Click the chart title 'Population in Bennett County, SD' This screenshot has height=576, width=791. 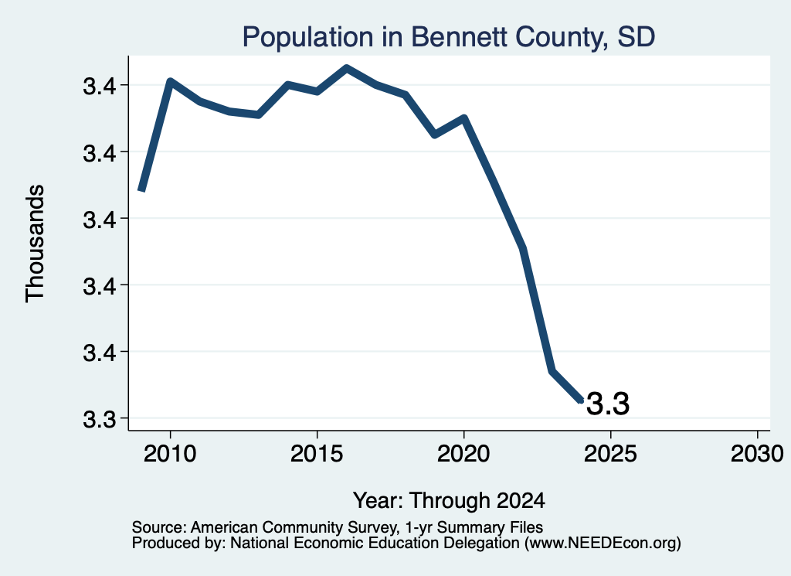point(449,37)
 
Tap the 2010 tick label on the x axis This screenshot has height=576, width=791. point(170,454)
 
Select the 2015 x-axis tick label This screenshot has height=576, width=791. point(317,454)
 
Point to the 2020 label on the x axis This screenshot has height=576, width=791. point(463,454)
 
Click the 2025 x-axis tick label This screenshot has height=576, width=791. point(610,454)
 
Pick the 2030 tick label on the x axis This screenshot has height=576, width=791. point(757,454)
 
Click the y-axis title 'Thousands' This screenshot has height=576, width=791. point(36,244)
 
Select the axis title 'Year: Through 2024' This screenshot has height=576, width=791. point(449,501)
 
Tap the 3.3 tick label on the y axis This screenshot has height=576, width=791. point(100,419)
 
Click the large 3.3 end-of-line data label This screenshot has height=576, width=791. point(608,404)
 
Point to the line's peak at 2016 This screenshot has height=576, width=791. point(346,68)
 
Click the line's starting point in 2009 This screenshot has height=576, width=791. point(142,190)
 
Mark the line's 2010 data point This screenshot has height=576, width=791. point(170,81)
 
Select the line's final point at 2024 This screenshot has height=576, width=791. point(581,400)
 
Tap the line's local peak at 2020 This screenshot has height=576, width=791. point(464,118)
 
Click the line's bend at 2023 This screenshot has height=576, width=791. point(552,371)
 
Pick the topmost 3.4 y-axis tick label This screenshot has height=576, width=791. point(100,87)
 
